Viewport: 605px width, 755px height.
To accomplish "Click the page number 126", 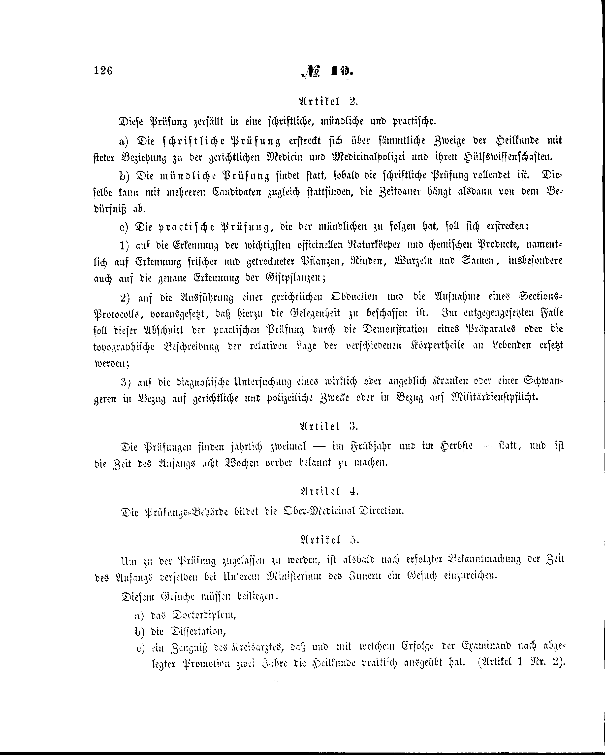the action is pyautogui.click(x=103, y=71).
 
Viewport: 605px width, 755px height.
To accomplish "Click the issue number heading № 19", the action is pyautogui.click(x=327, y=72).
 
